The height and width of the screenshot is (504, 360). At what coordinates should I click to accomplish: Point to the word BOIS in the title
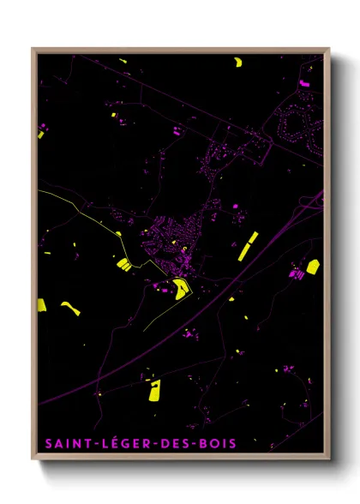point(213,443)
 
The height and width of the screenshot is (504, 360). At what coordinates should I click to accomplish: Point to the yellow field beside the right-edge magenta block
point(313,267)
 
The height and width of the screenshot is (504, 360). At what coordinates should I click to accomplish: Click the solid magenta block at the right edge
point(297,274)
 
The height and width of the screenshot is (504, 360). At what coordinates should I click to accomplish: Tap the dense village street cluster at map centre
point(176,240)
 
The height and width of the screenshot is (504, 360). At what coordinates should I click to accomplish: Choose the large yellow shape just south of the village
point(180,289)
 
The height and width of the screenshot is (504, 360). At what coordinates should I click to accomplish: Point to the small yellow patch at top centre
point(123,62)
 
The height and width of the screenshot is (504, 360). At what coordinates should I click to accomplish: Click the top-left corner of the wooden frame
point(33,49)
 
